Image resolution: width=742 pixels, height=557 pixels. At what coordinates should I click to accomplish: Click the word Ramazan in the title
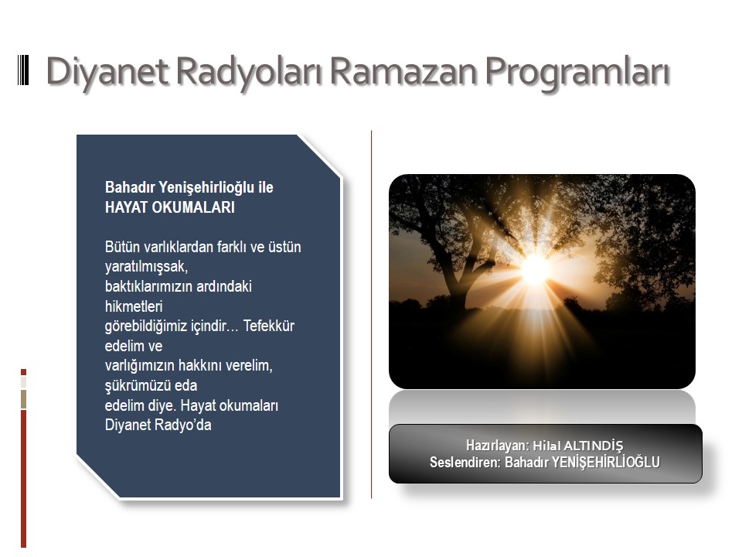pos(403,71)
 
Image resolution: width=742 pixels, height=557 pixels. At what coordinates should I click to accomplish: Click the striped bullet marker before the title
pos(23,70)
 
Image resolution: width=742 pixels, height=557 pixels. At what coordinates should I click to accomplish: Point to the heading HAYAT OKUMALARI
pos(170,207)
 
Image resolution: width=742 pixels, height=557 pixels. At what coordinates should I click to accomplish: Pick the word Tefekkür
pos(269,326)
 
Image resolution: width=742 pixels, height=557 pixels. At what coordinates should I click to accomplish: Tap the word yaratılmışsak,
pos(146,267)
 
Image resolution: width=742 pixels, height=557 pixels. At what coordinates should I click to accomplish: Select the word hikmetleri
pos(134,306)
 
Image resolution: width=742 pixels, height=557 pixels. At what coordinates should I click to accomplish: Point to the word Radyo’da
pos(187,425)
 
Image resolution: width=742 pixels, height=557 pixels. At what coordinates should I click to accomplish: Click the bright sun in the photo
pos(536,269)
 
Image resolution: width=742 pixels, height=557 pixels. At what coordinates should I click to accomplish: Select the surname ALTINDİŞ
pos(594,446)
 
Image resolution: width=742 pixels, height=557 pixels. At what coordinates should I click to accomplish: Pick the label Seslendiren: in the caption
pos(465,463)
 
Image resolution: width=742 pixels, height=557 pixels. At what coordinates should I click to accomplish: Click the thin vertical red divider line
pos(372,315)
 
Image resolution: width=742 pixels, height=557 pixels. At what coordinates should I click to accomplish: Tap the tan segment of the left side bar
pos(24,399)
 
